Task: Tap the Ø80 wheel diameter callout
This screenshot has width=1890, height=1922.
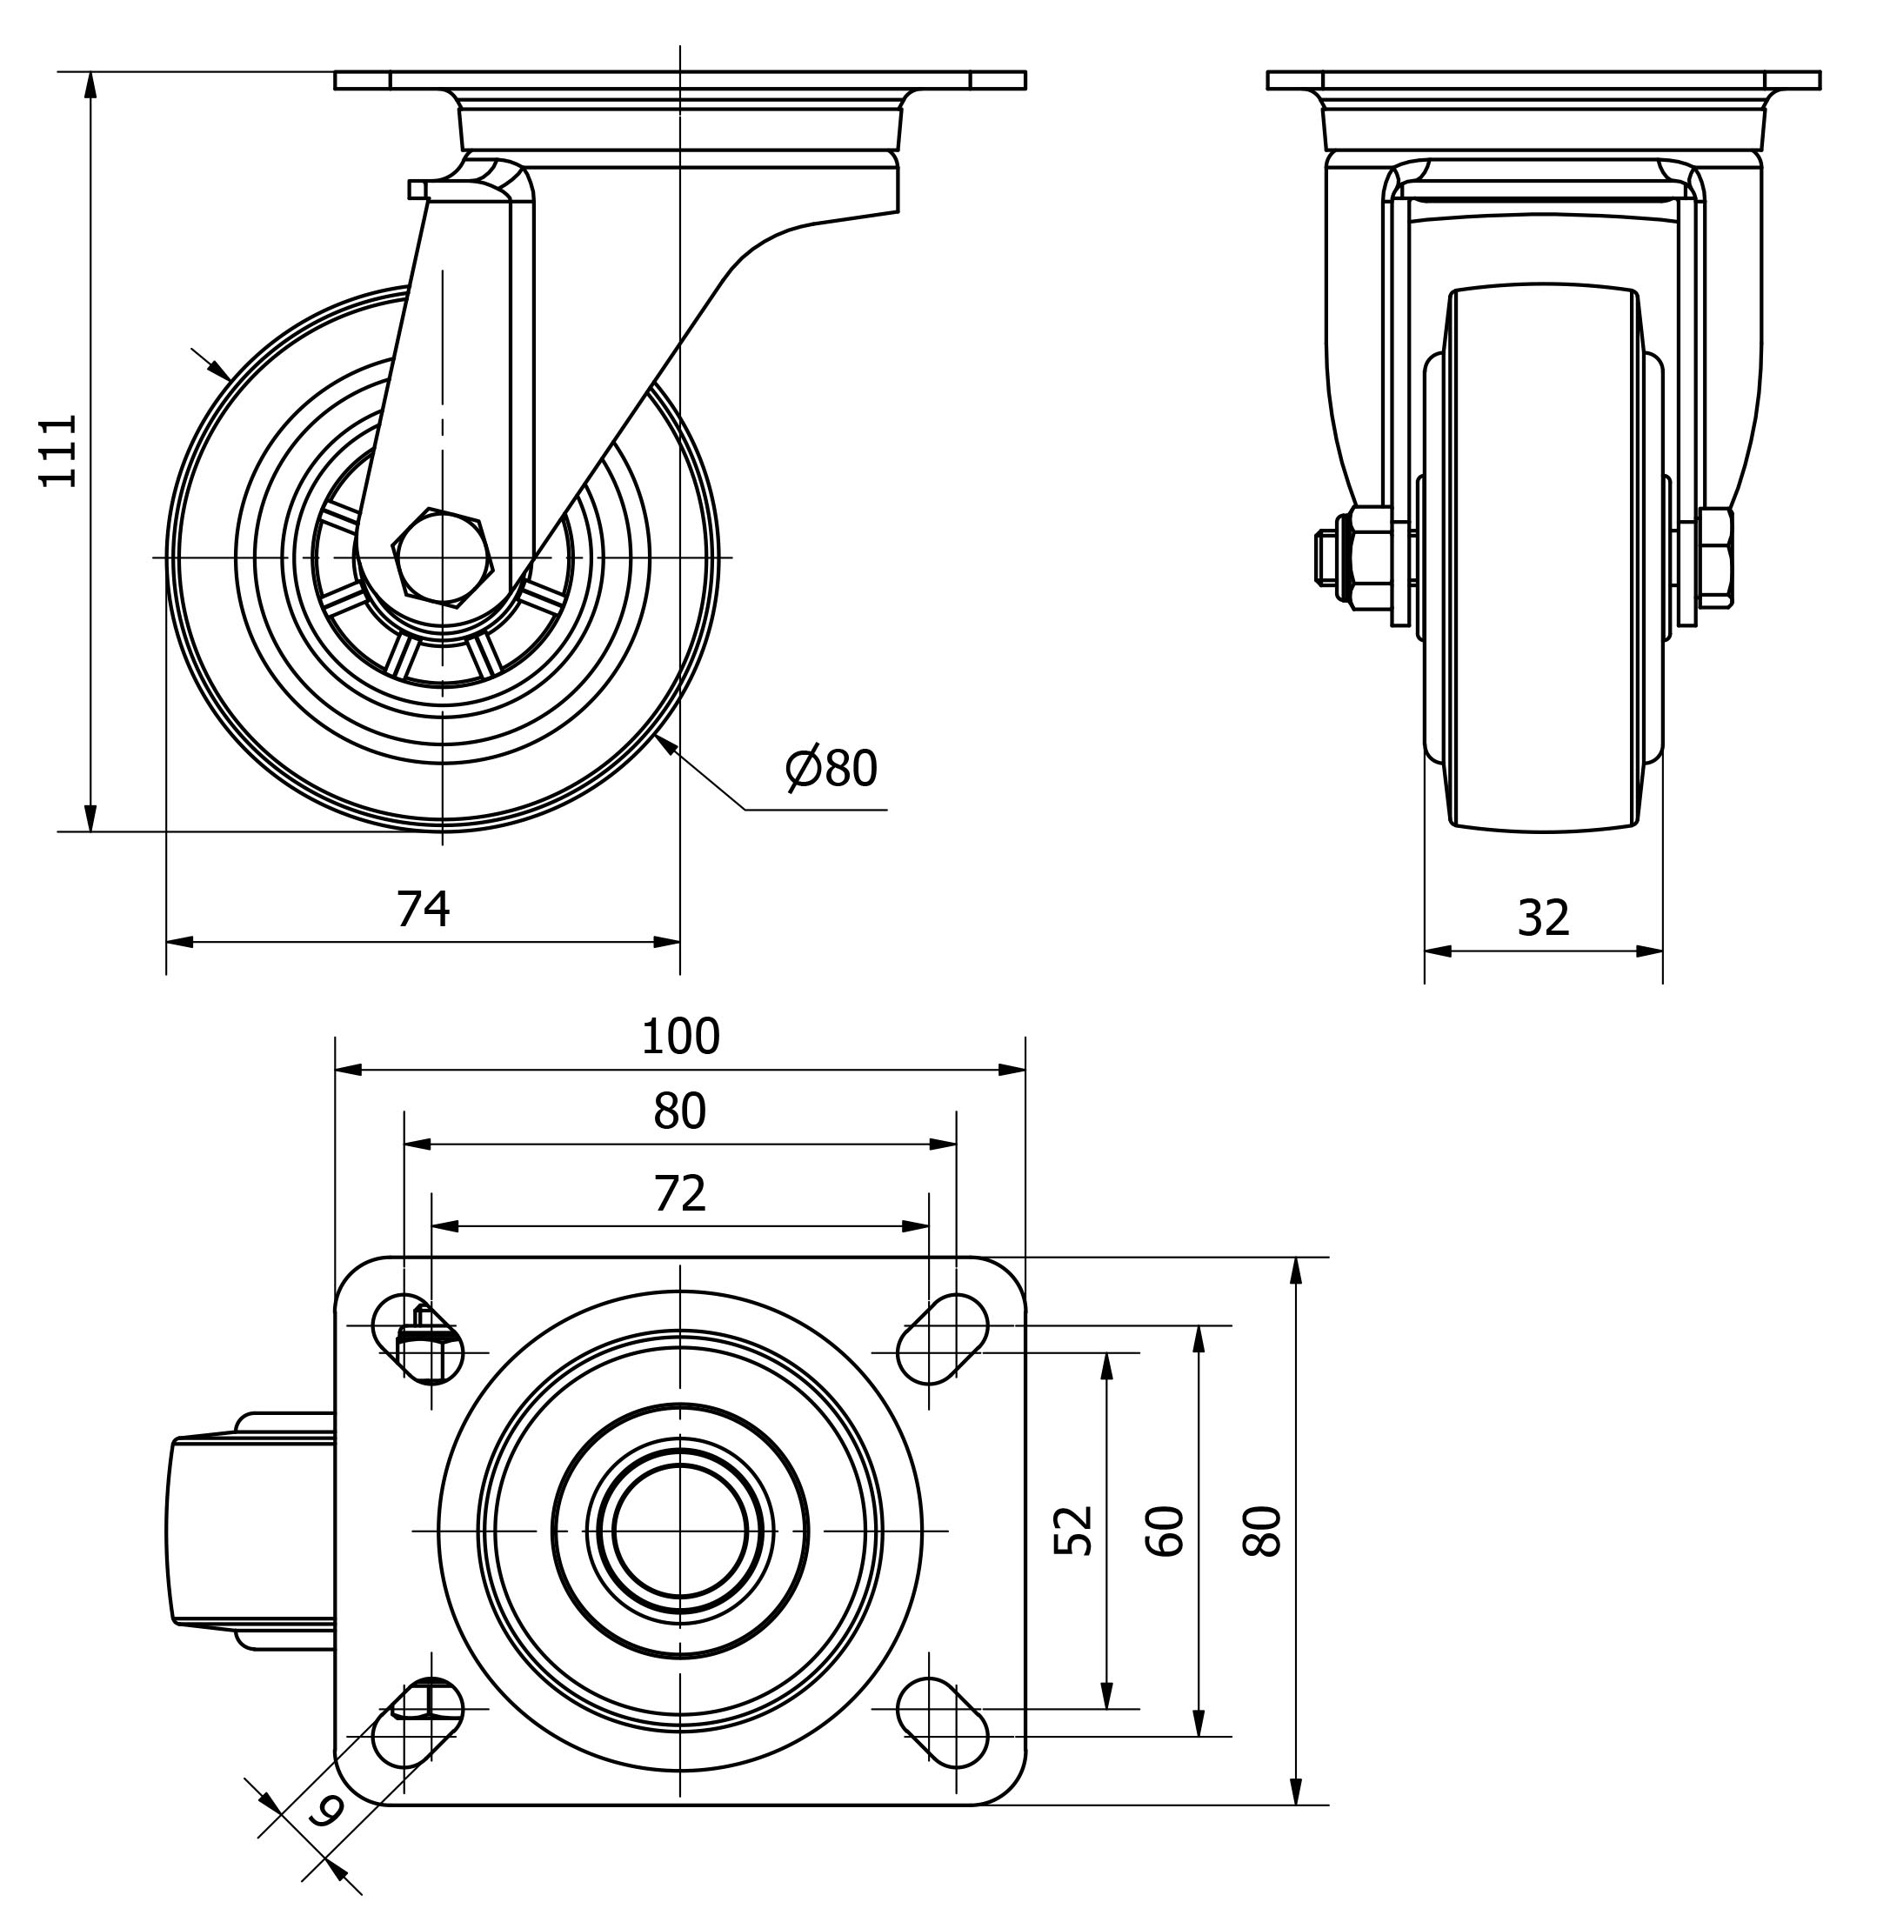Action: (831, 769)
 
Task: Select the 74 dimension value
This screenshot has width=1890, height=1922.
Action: (423, 910)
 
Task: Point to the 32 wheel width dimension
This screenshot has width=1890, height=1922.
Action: (1543, 918)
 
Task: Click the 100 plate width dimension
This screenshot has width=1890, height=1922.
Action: (680, 1038)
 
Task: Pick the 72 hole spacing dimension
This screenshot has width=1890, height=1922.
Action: (680, 1194)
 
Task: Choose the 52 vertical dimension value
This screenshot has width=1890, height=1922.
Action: (1073, 1530)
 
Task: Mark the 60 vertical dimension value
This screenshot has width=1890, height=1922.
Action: (1165, 1530)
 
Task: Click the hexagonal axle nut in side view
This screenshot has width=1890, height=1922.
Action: (443, 558)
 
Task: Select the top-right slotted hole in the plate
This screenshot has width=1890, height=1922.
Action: (942, 1339)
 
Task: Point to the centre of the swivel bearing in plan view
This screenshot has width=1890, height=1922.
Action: (680, 1531)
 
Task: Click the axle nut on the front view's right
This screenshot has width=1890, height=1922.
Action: (1716, 558)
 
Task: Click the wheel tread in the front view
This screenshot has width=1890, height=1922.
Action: (1543, 558)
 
